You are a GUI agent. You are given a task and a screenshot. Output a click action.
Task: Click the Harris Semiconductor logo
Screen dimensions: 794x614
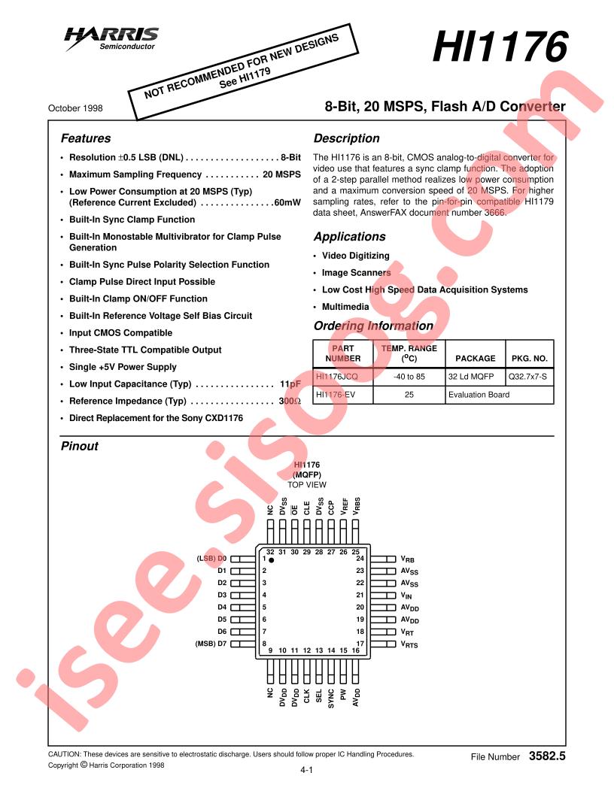[111, 37]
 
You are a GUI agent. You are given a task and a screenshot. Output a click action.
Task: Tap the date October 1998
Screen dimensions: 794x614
[75, 108]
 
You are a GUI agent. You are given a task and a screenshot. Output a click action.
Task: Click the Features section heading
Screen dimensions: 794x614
[85, 138]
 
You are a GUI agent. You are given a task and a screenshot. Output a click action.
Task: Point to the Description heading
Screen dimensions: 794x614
[346, 138]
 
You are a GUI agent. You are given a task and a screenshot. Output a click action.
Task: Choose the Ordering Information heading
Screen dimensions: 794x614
[372, 326]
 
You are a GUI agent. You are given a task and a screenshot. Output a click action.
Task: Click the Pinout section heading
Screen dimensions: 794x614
[79, 446]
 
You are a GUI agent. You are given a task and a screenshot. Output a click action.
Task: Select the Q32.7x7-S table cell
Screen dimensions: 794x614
[528, 376]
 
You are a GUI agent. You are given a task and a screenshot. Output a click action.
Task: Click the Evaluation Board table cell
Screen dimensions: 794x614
[479, 394]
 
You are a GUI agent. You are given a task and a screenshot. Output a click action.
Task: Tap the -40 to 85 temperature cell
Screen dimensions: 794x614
[409, 376]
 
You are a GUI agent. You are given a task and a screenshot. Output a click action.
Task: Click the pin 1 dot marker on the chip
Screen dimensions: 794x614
[271, 561]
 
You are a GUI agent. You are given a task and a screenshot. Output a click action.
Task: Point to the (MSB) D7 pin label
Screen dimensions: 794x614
[211, 644]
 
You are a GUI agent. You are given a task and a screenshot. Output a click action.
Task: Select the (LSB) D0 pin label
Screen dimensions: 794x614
[211, 559]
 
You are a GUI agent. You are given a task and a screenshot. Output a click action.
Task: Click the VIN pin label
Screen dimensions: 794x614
[407, 595]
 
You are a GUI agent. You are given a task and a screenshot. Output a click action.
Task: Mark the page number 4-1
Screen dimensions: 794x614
[306, 771]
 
